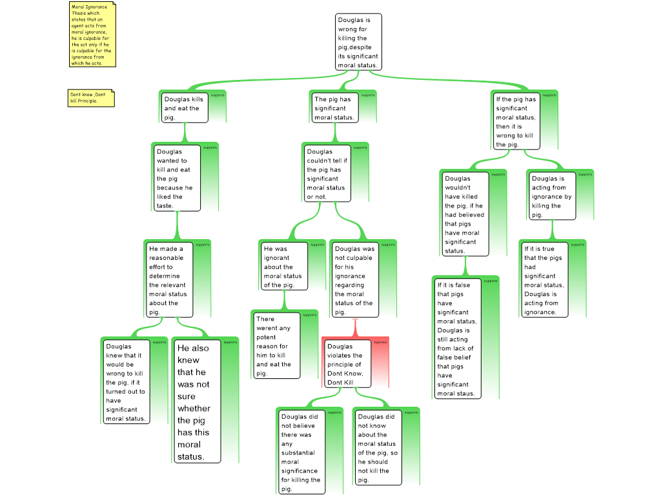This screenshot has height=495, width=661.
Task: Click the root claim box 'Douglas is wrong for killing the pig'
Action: pos(358,42)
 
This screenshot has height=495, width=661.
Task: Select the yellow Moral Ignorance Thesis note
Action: pos(92,35)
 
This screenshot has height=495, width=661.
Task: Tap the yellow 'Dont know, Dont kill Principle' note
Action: pos(91,98)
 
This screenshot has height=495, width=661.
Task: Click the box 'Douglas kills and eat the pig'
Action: pos(185,108)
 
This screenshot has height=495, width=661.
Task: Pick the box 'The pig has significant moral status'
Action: pos(334,108)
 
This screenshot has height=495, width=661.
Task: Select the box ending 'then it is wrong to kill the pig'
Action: pos(516,121)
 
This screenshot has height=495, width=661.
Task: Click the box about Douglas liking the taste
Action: pos(177,178)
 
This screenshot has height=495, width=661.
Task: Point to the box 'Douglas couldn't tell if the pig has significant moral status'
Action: pos(328,173)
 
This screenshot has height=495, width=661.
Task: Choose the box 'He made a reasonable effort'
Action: pos(169,279)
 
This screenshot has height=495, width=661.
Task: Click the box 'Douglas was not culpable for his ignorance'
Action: pos(354,279)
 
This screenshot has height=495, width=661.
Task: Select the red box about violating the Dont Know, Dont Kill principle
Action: pos(347,364)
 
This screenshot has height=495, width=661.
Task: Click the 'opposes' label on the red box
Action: pos(380,342)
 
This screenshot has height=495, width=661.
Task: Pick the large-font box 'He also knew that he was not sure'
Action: pos(198,402)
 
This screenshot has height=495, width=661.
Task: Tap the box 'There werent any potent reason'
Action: pos(276,345)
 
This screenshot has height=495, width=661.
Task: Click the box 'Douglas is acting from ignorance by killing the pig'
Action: pos(551,196)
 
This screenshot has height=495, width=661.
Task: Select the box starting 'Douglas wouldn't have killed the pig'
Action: pos(463,213)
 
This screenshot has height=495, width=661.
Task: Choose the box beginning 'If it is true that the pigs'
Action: pos(544,279)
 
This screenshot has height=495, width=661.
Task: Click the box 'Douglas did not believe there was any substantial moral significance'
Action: pos(301,451)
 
